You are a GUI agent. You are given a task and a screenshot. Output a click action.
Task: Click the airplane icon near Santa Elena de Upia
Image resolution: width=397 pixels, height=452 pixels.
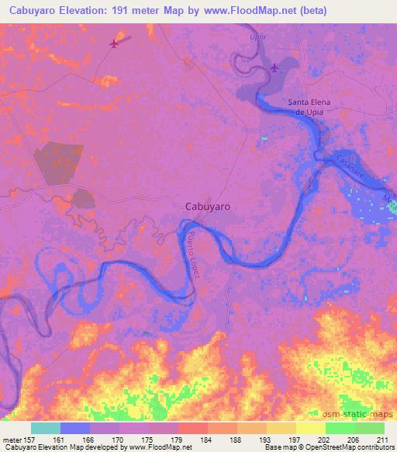(x=275, y=68)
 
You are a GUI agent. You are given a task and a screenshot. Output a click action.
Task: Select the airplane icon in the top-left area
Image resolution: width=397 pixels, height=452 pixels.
(x=116, y=43)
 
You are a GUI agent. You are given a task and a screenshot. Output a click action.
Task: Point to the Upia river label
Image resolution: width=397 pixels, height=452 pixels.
(x=257, y=37)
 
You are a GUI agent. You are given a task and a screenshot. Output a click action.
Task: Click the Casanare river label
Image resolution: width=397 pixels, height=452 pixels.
(x=350, y=169)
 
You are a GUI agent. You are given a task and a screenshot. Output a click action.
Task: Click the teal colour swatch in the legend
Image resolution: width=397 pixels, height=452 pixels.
(x=46, y=428)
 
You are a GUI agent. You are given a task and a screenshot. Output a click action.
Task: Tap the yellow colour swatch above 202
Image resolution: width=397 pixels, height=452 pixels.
(x=310, y=428)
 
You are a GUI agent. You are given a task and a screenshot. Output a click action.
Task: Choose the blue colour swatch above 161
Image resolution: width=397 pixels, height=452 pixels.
(x=75, y=428)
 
